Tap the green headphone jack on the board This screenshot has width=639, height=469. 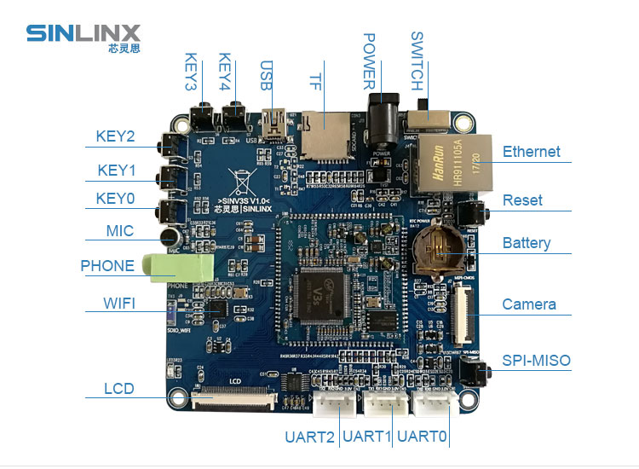coord(180,268)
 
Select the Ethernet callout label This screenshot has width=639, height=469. coord(531,152)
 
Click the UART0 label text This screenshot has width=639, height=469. coord(422,437)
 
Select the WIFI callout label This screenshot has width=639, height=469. coord(119,304)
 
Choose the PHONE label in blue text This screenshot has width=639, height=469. coord(107,266)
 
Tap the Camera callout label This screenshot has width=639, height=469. coord(529,304)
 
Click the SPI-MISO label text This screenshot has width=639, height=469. coord(536,361)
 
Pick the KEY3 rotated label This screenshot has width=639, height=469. coord(191,72)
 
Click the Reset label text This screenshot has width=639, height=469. coord(522,200)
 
